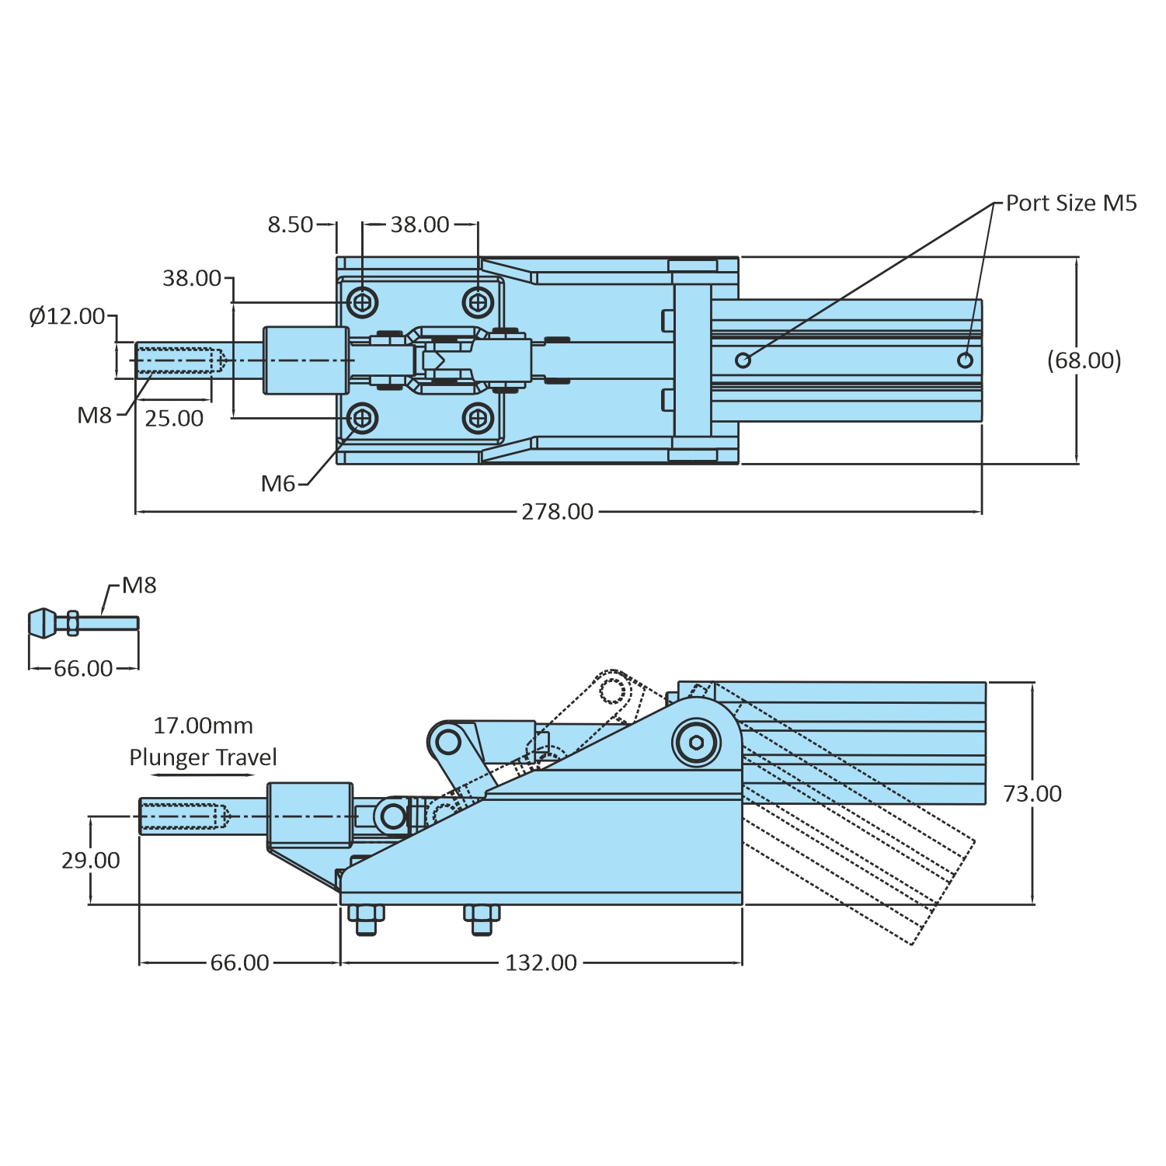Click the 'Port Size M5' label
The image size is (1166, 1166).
1070,204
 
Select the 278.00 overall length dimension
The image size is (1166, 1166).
557,512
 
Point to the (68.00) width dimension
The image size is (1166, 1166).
1084,360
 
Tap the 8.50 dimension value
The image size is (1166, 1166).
290,225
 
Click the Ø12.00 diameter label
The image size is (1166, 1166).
67,317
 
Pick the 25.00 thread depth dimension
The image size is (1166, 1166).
174,419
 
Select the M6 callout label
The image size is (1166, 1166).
278,484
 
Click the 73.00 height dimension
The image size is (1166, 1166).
1032,794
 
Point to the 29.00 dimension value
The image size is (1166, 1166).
91,861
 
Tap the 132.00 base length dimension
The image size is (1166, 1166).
541,963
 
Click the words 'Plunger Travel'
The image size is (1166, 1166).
203,757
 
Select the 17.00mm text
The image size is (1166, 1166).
203,726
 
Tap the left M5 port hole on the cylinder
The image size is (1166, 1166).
743,360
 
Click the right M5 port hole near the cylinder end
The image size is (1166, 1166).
965,360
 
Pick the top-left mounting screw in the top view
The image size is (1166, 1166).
363,301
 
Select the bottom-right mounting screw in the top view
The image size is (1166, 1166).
478,419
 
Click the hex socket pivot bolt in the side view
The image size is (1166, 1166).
696,743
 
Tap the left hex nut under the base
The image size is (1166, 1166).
365,921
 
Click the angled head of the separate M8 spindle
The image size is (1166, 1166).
43,623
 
